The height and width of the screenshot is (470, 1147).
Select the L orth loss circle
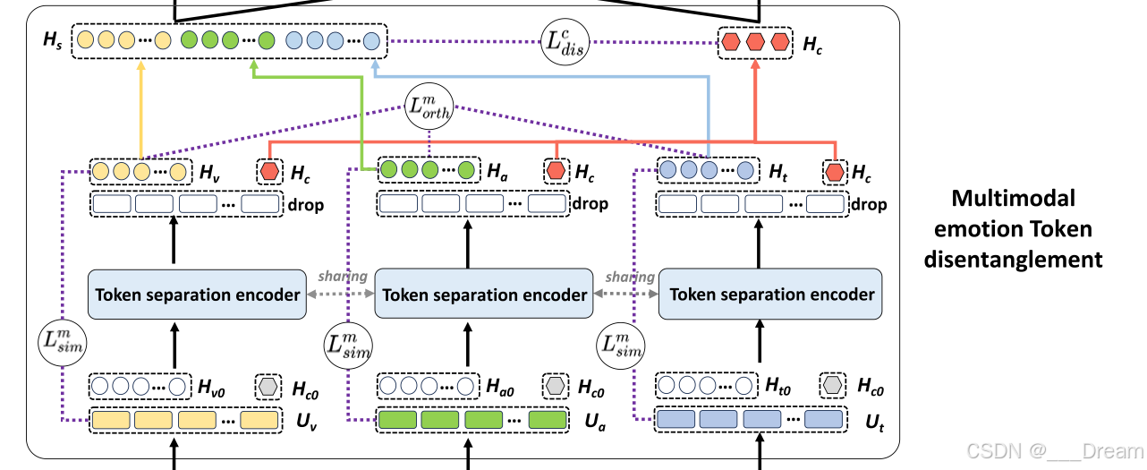point(429,107)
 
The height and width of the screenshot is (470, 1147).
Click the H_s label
point(53,40)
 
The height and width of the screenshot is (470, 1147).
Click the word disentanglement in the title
point(1013,260)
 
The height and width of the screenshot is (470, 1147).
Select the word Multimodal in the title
point(1013,198)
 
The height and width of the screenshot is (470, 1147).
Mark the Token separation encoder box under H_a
point(484,294)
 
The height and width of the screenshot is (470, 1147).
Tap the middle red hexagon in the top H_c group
point(756,41)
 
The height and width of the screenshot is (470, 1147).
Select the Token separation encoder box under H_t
point(771,294)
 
